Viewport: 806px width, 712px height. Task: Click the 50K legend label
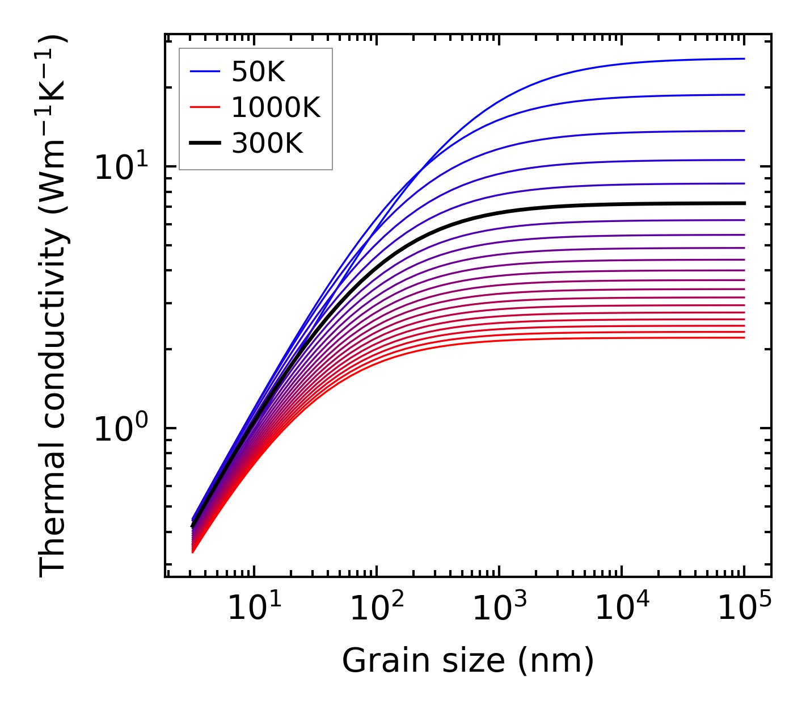point(258,72)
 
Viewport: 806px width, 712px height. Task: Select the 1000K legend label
point(276,107)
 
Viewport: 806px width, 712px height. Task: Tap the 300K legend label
point(267,144)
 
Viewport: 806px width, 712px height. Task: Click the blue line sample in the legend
point(204,72)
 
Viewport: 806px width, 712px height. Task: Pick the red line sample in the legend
point(204,107)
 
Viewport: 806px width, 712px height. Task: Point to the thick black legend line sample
point(204,144)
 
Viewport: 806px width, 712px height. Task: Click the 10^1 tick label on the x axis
point(254,609)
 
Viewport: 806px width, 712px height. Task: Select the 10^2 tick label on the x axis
point(376,609)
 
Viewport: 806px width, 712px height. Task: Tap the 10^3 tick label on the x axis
point(499,609)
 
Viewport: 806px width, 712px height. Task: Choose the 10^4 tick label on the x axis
point(622,609)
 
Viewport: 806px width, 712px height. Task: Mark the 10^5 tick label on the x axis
point(744,609)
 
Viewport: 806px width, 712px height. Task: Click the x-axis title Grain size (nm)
point(468,660)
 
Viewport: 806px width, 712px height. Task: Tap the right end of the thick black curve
point(744,203)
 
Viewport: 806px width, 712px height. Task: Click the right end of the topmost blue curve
point(744,58)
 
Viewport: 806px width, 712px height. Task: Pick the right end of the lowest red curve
point(744,338)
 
